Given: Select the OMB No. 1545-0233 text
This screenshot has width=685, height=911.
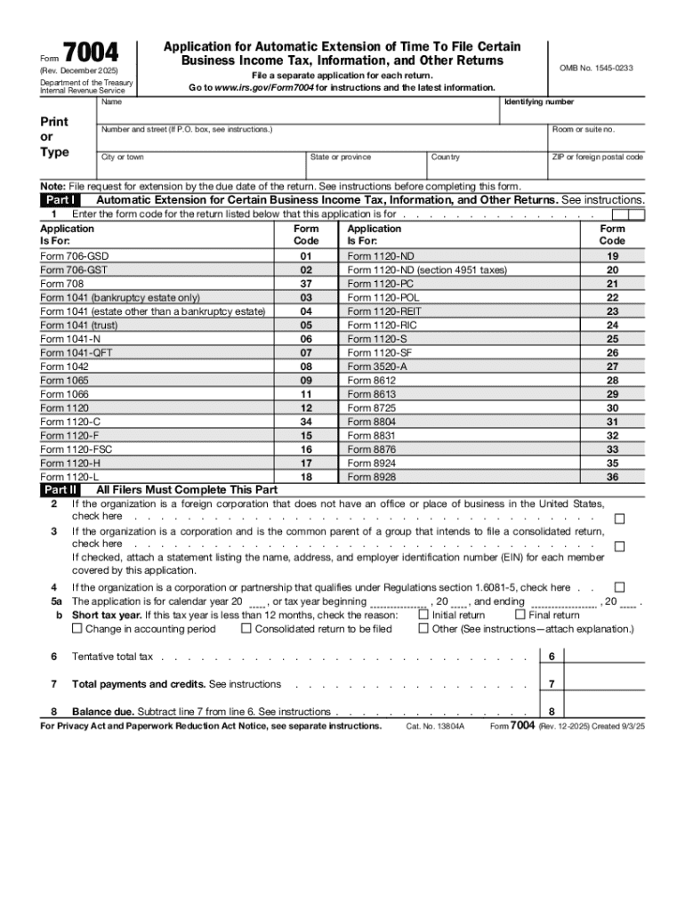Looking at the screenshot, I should tap(595, 69).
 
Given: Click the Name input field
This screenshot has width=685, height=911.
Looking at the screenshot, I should tap(298, 113).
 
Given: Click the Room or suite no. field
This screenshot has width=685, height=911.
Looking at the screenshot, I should tap(596, 141).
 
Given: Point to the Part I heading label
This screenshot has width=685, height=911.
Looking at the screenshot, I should tap(60, 200).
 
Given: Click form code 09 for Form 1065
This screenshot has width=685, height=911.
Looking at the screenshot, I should tap(306, 380).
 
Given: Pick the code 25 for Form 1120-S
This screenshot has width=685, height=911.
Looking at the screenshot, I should tap(612, 339).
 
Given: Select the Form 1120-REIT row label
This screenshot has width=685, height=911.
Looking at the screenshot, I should tap(384, 311).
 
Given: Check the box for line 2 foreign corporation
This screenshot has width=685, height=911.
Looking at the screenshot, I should tap(619, 519).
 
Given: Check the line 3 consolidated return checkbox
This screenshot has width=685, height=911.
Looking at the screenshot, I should tap(619, 546).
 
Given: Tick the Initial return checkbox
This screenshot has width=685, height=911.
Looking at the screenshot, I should tap(423, 614).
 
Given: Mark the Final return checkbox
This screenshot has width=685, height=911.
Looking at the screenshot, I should tap(520, 614).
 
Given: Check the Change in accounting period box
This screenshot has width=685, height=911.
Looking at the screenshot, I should tap(77, 628).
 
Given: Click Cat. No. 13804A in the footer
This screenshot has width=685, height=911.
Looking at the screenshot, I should tap(435, 726).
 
